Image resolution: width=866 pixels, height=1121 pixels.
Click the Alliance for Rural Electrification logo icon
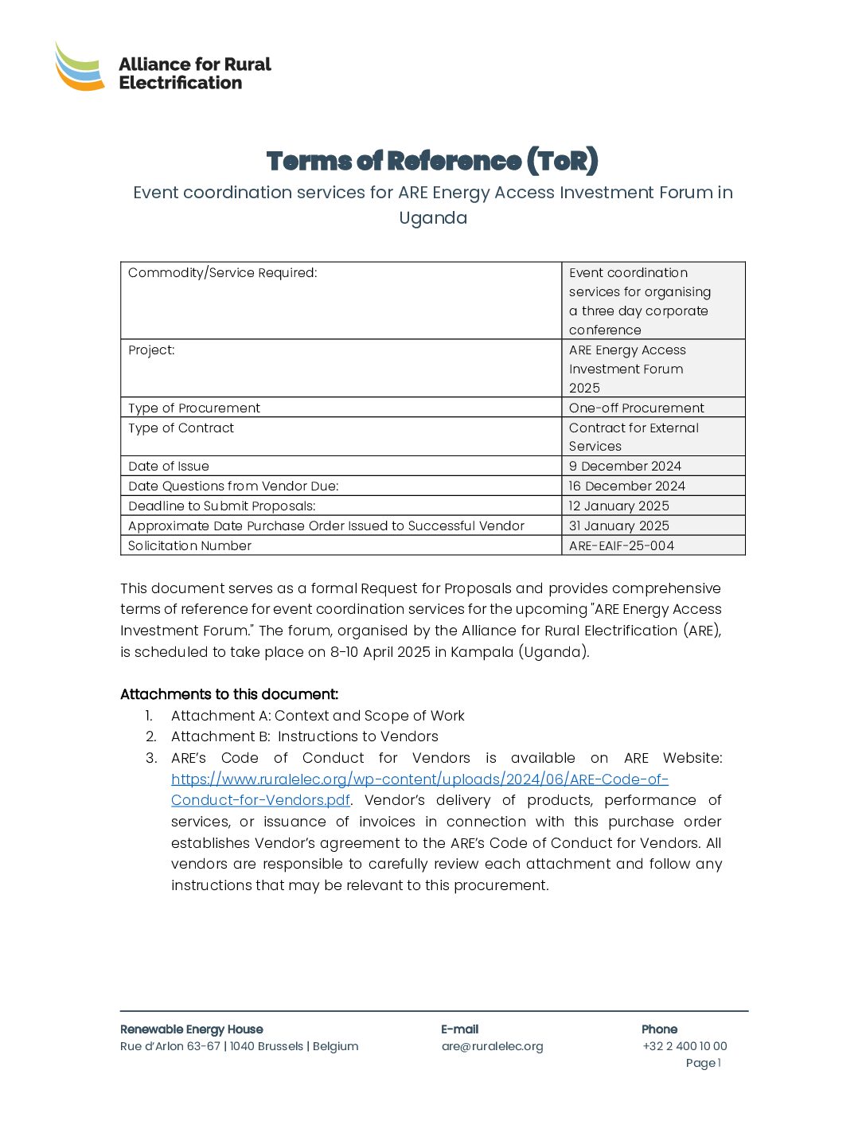click(80, 67)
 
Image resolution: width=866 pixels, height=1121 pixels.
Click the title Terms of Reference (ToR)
click(432, 161)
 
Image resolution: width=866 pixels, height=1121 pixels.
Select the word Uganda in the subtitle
click(432, 218)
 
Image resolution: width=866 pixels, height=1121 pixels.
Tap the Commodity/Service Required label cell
click(223, 273)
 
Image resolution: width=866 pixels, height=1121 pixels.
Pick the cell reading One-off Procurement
click(636, 408)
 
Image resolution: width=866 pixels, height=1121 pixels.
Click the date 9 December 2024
click(625, 466)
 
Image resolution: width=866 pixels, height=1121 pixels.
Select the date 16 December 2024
click(626, 486)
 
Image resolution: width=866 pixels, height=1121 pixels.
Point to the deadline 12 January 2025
click(618, 506)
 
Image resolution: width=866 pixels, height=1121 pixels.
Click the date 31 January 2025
click(618, 525)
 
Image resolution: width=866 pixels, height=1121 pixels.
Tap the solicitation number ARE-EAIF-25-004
click(621, 545)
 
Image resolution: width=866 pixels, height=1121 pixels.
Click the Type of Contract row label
click(181, 428)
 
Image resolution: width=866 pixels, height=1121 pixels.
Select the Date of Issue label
click(169, 466)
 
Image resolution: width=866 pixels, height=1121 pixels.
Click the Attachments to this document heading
click(229, 694)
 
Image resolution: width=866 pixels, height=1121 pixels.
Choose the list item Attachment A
click(318, 716)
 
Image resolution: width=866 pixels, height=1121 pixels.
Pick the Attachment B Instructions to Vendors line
click(304, 736)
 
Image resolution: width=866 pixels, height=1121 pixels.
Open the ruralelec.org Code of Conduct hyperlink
click(419, 779)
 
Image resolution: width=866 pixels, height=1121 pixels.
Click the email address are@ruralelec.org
click(492, 1046)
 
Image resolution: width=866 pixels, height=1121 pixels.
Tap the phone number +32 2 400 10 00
click(685, 1046)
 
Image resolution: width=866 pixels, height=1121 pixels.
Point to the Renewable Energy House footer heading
click(192, 1029)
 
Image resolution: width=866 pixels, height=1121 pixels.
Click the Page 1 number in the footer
click(703, 1063)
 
